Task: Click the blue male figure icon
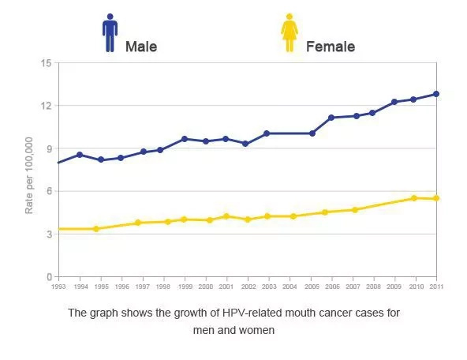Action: coord(110,33)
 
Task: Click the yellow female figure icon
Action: coord(290,32)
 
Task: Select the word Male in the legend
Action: coord(141,47)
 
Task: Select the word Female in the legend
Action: coord(331,47)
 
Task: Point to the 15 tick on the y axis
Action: coord(46,63)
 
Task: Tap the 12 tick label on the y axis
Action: coord(46,106)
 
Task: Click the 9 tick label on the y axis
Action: coord(49,148)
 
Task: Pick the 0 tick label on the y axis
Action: coord(49,277)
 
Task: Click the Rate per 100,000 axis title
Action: coord(29,175)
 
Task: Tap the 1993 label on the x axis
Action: coord(58,287)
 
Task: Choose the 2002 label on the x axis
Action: coord(248,287)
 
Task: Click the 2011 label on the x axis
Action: coord(436,287)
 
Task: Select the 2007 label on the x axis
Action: coord(353,287)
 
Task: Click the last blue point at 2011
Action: coord(436,94)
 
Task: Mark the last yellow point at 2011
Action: coord(436,198)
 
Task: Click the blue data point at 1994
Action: coord(80,155)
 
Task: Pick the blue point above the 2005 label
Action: coord(312,133)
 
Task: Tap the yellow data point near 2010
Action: coord(413,198)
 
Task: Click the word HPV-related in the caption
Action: coord(252,313)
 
